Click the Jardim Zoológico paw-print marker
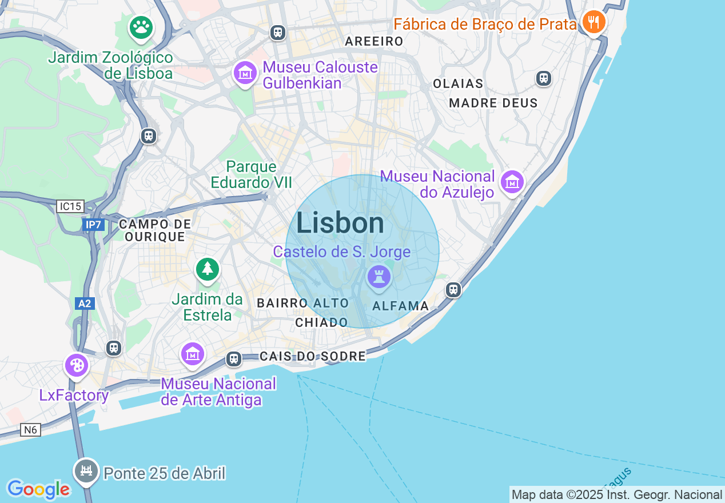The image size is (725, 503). point(141,27)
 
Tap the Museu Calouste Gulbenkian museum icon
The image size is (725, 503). point(245,73)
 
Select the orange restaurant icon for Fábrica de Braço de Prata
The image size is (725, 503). point(594,22)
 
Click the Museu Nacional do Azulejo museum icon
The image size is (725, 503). point(512,182)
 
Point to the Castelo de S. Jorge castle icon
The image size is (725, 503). point(379,277)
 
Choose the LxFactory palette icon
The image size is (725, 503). point(77,365)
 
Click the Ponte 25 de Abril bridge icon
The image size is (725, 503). point(86,470)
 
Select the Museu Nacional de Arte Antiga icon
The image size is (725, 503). point(193,354)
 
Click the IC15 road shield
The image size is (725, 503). point(70,206)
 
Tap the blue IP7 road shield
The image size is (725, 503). point(93,225)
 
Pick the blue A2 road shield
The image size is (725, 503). point(84,304)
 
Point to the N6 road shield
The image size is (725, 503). point(31,430)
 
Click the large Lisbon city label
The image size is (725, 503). point(340,222)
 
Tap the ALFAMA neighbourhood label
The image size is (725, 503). point(400,306)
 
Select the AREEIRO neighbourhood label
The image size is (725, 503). point(375,41)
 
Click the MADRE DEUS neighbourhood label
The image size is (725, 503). point(493,103)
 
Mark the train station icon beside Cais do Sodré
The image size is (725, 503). point(233,358)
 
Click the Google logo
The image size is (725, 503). point(38,489)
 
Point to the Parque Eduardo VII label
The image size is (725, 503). point(252,174)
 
